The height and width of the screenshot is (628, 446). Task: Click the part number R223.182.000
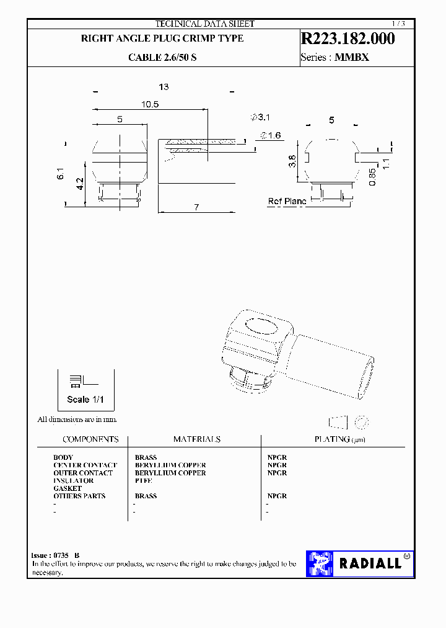[x=347, y=38]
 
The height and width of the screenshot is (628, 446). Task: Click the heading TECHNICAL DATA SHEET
[x=204, y=24]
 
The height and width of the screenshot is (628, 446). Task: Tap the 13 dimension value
[x=164, y=87]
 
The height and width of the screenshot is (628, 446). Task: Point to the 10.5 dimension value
[x=149, y=105]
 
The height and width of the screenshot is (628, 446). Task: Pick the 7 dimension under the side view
[x=196, y=207]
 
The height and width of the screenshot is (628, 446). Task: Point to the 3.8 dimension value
[x=292, y=162]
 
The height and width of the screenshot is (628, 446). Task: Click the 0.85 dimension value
[x=372, y=174]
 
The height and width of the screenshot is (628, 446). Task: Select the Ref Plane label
[x=287, y=202]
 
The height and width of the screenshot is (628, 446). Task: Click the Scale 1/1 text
[x=86, y=399]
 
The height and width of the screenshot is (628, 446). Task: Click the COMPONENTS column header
[x=90, y=439]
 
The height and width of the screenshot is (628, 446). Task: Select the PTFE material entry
[x=143, y=481]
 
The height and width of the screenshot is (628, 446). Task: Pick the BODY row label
[x=63, y=457]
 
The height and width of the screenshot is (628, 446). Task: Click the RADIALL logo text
[x=369, y=563]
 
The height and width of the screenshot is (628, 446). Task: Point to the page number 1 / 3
[x=398, y=24]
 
